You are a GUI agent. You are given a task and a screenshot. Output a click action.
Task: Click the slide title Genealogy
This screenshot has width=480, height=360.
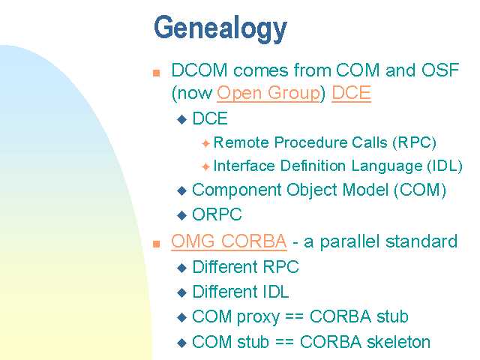tap(220, 28)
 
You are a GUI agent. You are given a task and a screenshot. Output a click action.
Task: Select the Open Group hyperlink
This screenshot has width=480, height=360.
tap(268, 93)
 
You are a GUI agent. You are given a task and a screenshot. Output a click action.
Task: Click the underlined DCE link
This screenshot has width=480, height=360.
tap(352, 93)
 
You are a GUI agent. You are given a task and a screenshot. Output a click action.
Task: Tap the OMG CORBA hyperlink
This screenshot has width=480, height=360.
tap(229, 241)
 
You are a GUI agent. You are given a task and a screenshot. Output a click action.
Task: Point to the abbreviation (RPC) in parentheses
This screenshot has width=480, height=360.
tap(415, 142)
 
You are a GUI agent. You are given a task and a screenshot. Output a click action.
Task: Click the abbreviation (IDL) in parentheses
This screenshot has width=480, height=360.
tap(445, 166)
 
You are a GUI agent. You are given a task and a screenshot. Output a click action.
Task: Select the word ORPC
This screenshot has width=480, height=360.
tap(217, 214)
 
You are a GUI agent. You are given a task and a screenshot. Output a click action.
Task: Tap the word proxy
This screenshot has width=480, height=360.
tap(258, 317)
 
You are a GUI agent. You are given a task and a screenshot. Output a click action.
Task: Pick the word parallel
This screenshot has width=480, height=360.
tap(350, 241)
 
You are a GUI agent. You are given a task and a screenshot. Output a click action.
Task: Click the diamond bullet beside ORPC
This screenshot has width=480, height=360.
tap(182, 215)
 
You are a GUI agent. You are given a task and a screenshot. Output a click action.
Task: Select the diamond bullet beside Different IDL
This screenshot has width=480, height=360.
tap(182, 292)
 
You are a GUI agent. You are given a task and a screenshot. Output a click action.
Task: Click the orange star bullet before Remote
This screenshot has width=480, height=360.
tap(205, 143)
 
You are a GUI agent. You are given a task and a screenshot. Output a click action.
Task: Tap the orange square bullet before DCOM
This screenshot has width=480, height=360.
tap(157, 73)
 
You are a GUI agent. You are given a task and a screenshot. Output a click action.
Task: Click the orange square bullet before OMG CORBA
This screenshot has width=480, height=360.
tap(157, 244)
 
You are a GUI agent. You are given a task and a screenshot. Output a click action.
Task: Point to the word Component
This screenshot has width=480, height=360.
tap(237, 190)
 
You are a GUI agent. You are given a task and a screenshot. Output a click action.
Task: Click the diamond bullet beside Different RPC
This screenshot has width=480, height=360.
tap(182, 268)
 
